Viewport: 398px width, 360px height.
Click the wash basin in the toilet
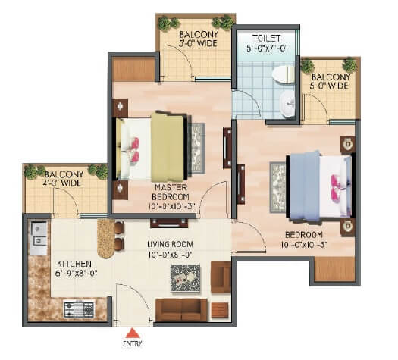click(289, 105)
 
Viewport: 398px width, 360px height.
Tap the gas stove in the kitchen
click(79, 309)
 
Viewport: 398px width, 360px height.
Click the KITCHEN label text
click(74, 264)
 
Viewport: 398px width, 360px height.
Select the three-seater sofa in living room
click(180, 308)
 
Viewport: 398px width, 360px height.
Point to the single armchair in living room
click(221, 277)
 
